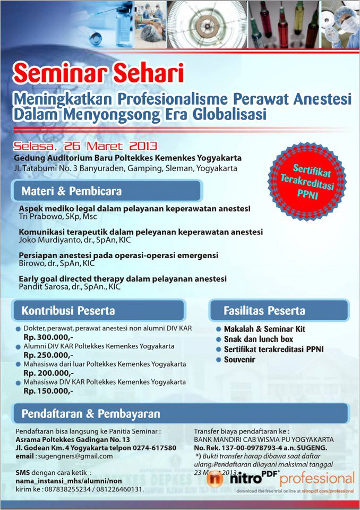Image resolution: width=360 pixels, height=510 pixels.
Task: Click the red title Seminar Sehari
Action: (x=98, y=73)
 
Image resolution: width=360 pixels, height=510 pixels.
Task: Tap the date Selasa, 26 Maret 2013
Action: (x=85, y=146)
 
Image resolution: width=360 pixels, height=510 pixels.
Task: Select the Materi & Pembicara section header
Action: (x=72, y=191)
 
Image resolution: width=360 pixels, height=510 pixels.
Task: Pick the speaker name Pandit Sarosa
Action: (x=43, y=286)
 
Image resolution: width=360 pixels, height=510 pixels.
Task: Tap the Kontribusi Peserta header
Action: (x=68, y=310)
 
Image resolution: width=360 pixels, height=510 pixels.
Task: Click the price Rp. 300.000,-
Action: (x=48, y=337)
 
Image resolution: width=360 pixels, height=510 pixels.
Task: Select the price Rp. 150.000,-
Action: (x=48, y=390)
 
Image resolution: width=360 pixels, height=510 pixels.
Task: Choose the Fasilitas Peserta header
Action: (x=264, y=310)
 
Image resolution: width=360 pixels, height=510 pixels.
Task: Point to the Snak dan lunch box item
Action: (x=258, y=339)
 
